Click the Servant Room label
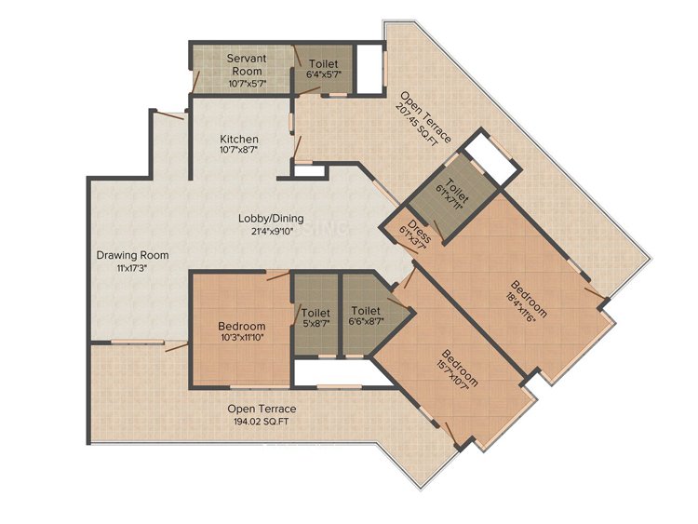[247, 64]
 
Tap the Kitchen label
[238, 139]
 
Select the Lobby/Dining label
[271, 219]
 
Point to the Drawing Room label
[133, 256]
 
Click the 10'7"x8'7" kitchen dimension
[238, 150]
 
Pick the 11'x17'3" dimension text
[131, 268]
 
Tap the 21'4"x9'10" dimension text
[272, 231]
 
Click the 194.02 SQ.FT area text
[262, 422]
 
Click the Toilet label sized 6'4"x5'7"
[324, 64]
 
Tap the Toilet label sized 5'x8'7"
[315, 313]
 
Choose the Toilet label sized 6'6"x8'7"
[366, 310]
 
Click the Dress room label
[419, 231]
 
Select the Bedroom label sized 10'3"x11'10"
[242, 327]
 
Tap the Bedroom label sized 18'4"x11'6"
[529, 297]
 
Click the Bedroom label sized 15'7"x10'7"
[460, 368]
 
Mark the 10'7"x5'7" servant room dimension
[247, 83]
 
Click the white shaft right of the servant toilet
[369, 69]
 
